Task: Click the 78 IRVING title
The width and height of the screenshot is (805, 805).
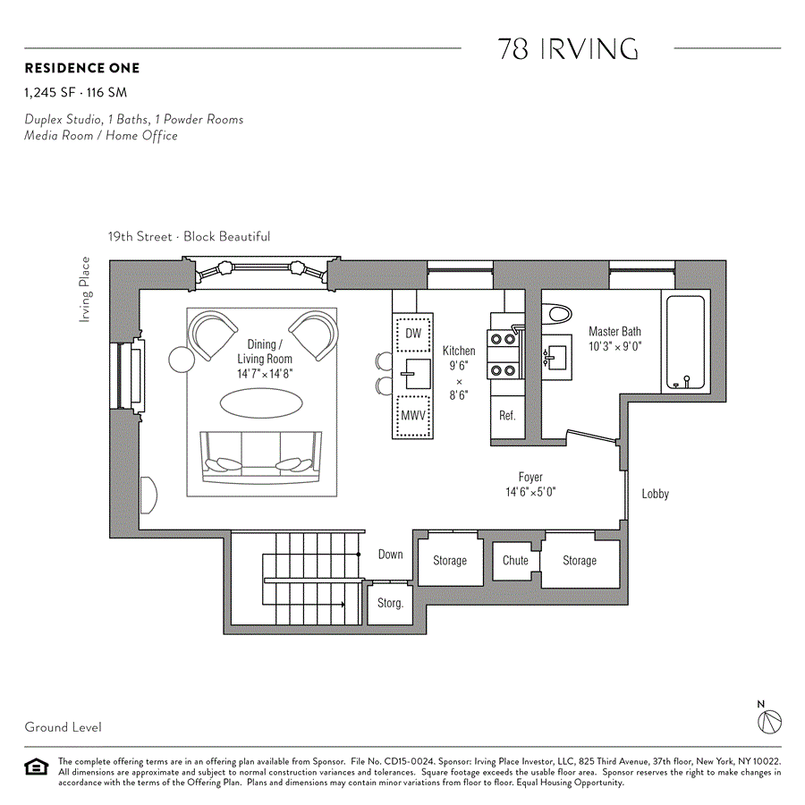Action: (x=568, y=49)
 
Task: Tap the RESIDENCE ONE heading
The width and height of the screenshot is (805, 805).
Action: (x=82, y=68)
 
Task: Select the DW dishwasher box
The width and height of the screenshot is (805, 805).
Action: (x=413, y=334)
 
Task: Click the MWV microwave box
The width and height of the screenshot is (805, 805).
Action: (x=412, y=416)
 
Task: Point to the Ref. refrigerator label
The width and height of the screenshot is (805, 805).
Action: (x=507, y=415)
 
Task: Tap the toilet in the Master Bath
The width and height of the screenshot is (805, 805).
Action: (x=558, y=314)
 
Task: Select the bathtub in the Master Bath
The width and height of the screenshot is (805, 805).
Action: (x=685, y=342)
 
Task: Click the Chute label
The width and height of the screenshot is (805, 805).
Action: (x=515, y=561)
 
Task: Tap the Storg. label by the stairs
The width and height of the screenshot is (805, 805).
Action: (x=390, y=603)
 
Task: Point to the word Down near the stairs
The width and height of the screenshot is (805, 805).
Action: (x=390, y=555)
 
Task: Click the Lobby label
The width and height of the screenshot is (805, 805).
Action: (x=655, y=494)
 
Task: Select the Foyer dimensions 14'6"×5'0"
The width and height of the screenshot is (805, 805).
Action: (x=530, y=492)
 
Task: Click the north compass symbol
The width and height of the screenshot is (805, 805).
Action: (x=769, y=721)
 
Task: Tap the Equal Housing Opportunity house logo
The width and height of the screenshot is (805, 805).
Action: (x=37, y=767)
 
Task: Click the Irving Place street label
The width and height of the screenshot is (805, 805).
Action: (x=86, y=289)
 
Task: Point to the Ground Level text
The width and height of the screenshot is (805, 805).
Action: (x=63, y=727)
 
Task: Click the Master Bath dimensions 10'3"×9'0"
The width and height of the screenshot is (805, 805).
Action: (x=615, y=346)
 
